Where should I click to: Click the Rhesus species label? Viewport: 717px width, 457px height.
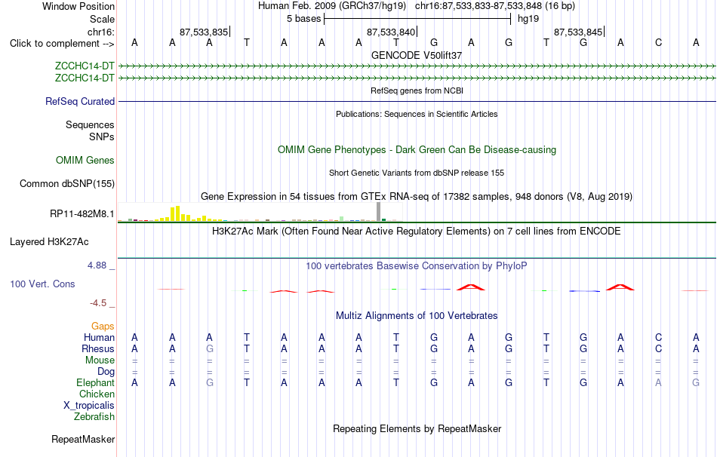tap(98, 348)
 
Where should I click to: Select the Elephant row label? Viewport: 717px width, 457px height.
tap(96, 382)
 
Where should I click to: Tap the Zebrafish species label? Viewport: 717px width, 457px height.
tap(94, 416)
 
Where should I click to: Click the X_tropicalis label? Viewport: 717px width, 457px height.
tap(89, 406)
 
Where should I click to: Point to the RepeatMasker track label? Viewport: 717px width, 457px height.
tap(83, 439)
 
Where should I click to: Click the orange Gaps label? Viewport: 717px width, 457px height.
tap(103, 326)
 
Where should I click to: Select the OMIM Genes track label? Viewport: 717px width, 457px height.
tap(85, 160)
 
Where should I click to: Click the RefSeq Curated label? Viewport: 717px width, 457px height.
tap(80, 102)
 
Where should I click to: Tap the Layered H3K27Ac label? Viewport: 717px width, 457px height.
tap(49, 242)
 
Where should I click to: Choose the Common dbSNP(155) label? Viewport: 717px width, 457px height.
tap(67, 184)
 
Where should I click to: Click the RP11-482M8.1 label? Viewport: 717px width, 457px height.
tap(82, 214)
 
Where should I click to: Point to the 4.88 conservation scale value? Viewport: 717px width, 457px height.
tap(97, 265)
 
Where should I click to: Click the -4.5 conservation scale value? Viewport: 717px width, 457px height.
tap(98, 303)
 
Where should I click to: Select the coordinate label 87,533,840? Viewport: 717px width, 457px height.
tap(391, 32)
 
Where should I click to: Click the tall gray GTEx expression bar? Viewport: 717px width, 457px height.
tap(379, 212)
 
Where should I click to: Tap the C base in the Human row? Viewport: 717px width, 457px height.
tap(658, 337)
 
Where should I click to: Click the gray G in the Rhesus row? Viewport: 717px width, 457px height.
tap(209, 348)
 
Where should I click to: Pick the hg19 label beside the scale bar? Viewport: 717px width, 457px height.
tap(528, 19)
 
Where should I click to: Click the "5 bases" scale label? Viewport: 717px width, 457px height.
tap(304, 19)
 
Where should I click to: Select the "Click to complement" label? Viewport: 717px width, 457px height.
tap(62, 44)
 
